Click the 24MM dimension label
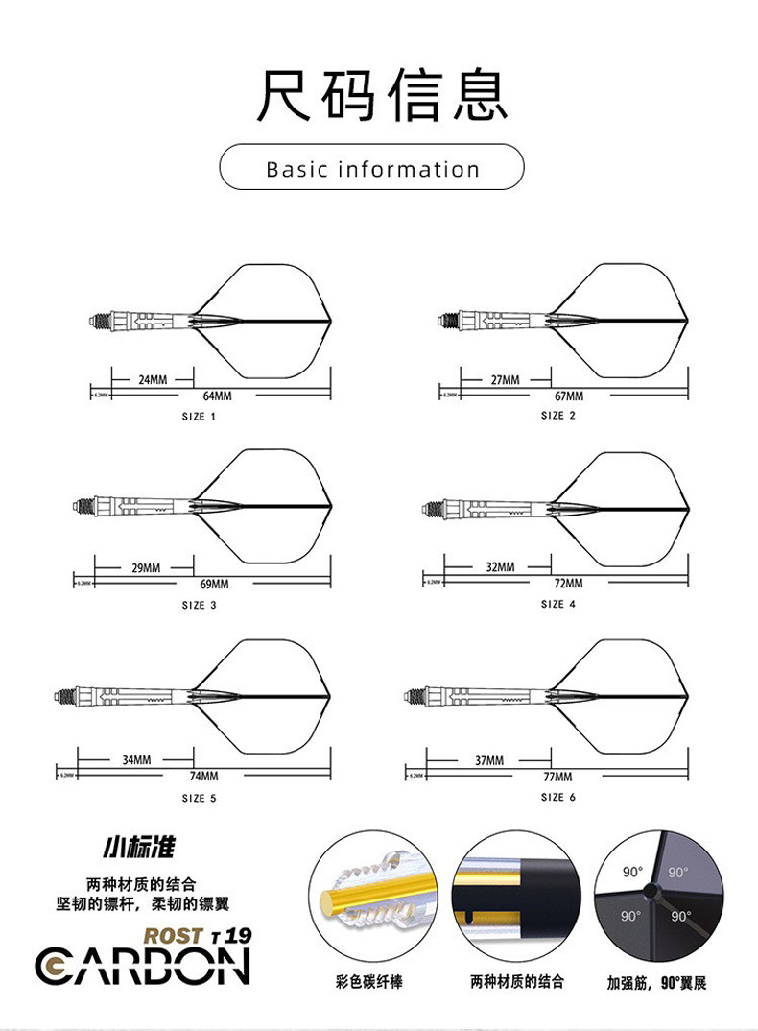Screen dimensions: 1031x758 153,379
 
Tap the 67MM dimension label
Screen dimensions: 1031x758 568,396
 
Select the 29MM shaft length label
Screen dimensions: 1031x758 146,567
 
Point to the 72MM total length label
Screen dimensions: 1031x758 568,583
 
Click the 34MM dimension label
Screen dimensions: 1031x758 136,759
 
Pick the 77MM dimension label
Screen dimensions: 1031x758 557,776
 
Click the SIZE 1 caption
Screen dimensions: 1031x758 199,417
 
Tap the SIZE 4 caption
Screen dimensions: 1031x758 558,604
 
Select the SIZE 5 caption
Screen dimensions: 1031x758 199,798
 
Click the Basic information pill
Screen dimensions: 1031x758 372,169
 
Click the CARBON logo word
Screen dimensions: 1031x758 143,967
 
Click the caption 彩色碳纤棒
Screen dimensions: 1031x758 370,982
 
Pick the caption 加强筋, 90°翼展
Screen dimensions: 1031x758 656,983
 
